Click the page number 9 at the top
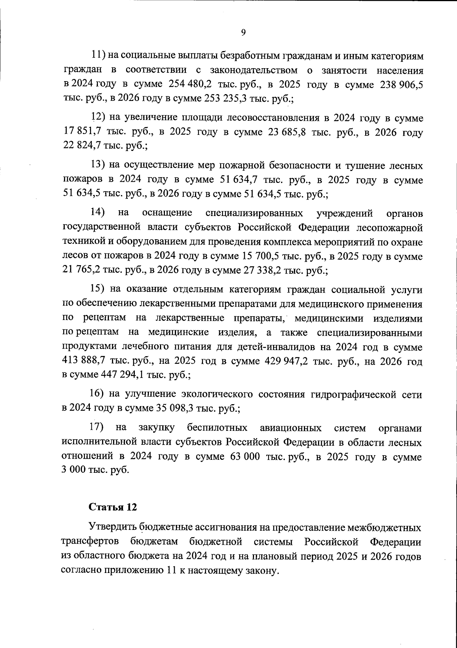(x=243, y=32)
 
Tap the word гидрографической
(x=353, y=394)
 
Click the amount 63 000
(x=245, y=457)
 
